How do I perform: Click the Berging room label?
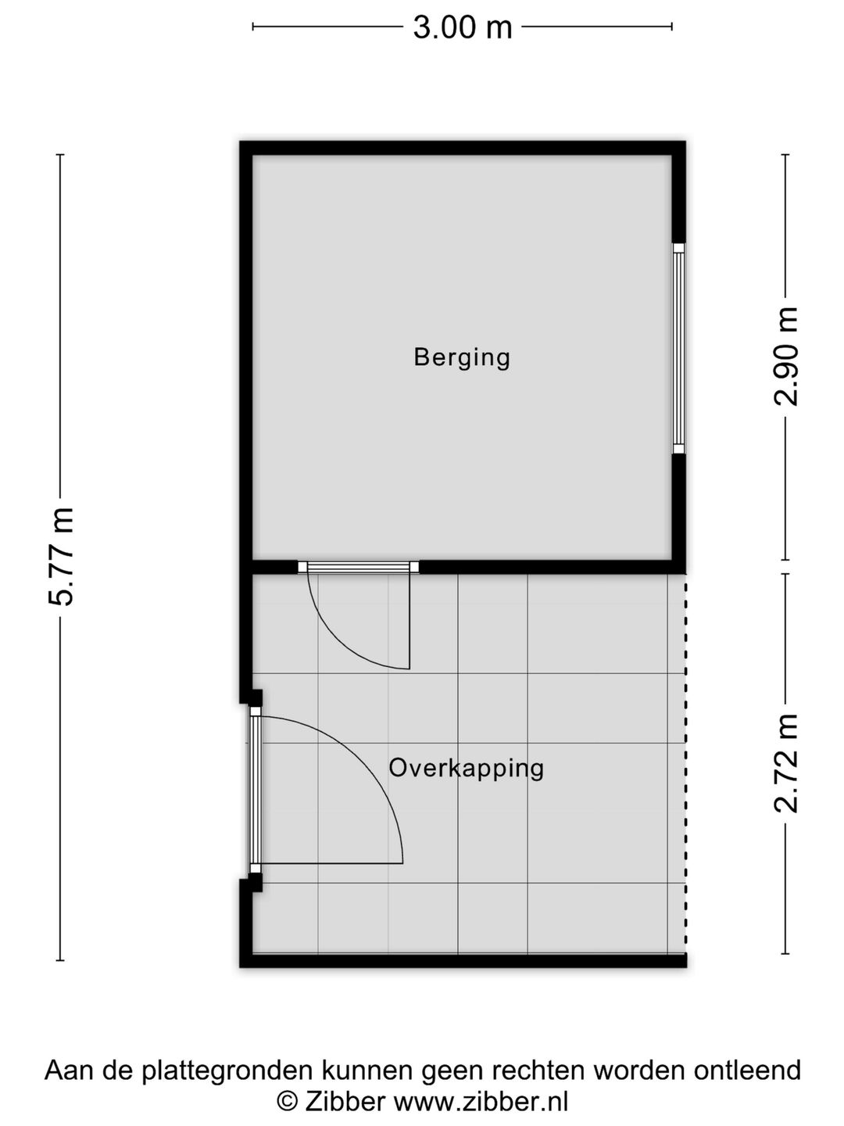click(462, 357)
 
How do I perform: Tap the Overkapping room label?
click(467, 768)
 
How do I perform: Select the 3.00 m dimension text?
click(462, 27)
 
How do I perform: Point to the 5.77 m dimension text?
click(61, 556)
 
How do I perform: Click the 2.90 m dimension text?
click(786, 356)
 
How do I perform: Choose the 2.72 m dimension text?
click(786, 763)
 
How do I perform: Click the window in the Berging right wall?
click(678, 348)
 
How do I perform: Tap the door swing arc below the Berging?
click(344, 637)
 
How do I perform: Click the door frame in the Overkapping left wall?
click(255, 790)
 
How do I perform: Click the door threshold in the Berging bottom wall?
click(358, 568)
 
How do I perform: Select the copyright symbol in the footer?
click(288, 1102)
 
